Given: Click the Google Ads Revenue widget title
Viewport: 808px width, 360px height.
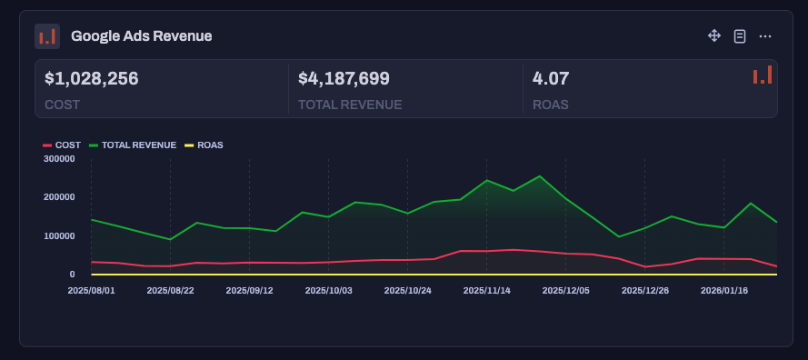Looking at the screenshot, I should (141, 36).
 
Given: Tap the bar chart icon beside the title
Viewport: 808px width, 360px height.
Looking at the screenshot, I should (47, 36).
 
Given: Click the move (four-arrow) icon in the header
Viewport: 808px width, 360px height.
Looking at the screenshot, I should (714, 36).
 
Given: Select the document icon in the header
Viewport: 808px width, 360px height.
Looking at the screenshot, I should (740, 36).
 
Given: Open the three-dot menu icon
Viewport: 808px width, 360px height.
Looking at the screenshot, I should (765, 36).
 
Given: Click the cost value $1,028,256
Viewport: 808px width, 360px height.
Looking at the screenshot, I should (92, 79).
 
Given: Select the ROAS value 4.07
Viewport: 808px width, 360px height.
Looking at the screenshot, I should (551, 79).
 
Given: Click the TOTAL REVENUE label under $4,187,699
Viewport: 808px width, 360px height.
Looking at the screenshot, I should (350, 105).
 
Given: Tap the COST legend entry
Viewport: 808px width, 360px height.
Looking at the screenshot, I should (63, 145).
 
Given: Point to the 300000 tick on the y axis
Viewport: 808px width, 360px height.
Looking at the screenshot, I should (58, 159).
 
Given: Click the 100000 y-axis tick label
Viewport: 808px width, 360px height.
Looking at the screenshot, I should (58, 236).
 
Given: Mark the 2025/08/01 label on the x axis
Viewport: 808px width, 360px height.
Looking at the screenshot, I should (91, 291).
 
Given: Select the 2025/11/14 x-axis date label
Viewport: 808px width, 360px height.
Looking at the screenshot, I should (486, 291).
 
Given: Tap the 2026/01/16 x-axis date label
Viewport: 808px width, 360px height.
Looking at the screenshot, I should (723, 291).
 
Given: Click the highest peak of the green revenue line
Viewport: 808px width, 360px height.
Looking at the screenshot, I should (540, 176).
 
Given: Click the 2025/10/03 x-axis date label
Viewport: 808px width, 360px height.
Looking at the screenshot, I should (328, 291).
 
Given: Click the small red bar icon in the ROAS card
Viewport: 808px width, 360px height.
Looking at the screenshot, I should (763, 75).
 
